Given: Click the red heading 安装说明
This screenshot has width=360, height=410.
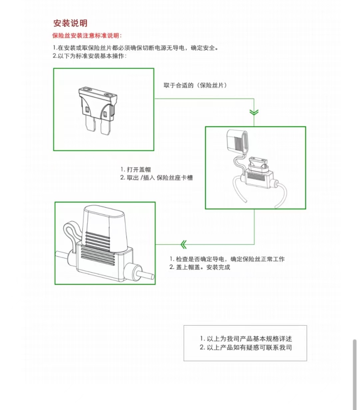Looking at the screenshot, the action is coord(70,23).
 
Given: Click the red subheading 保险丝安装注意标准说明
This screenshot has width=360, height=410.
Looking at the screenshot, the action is coord(87,36).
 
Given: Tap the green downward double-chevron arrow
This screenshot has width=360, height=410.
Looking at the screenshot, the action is coord(254,113).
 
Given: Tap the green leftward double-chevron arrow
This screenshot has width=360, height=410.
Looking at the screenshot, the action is coord(183,245).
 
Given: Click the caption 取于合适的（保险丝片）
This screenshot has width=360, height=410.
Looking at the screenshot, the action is coord(195,86).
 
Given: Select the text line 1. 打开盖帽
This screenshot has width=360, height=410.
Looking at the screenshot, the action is coord(136,170).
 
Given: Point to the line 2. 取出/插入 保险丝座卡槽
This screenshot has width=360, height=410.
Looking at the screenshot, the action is coord(156,178).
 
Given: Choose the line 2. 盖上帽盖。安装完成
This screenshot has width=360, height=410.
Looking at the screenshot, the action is coord(200,267).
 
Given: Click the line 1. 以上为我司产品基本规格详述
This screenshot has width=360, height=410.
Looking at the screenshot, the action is coord(246,339).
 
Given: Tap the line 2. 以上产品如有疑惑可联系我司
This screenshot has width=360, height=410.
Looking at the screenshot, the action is coord(246,347).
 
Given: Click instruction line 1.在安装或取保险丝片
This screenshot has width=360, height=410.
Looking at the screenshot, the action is coord(136,48).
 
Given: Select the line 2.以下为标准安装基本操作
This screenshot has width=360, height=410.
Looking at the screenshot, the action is coord(90,56).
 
